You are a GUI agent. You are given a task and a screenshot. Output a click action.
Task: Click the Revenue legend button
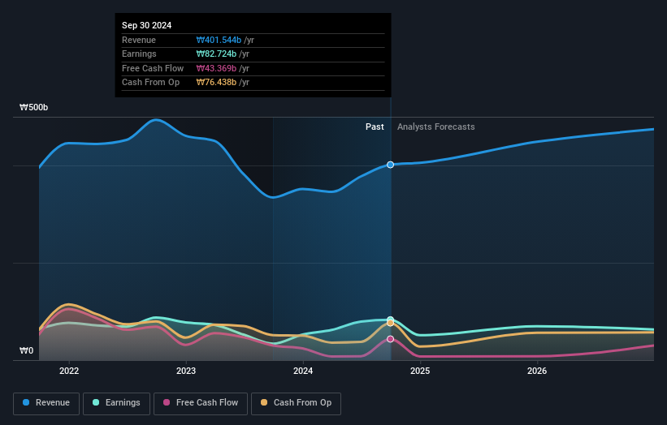click(47, 403)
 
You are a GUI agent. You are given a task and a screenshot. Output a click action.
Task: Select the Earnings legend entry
click(115, 403)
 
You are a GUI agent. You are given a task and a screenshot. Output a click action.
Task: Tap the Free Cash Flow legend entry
click(201, 403)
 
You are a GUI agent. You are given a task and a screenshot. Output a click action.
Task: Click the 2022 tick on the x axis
click(69, 371)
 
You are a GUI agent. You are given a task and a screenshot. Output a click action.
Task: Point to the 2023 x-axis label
click(186, 371)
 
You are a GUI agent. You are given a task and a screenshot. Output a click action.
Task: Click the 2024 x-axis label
click(303, 371)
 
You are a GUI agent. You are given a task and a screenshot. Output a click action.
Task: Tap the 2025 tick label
click(420, 371)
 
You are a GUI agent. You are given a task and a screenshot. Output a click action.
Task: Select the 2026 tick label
click(537, 371)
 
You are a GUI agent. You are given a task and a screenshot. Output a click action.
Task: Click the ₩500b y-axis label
click(34, 107)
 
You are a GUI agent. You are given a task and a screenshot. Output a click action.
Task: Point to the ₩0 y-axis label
click(27, 351)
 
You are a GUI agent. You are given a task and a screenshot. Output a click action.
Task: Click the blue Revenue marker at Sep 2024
click(391, 165)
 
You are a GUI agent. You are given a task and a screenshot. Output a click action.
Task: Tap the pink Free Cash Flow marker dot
click(391, 339)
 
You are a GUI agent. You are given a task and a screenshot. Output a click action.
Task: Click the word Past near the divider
click(375, 127)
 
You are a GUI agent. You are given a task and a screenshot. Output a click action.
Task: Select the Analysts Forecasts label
click(435, 127)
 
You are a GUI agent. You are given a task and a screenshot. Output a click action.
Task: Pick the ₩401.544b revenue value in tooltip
click(219, 40)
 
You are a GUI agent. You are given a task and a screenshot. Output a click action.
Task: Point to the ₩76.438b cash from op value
click(216, 82)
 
